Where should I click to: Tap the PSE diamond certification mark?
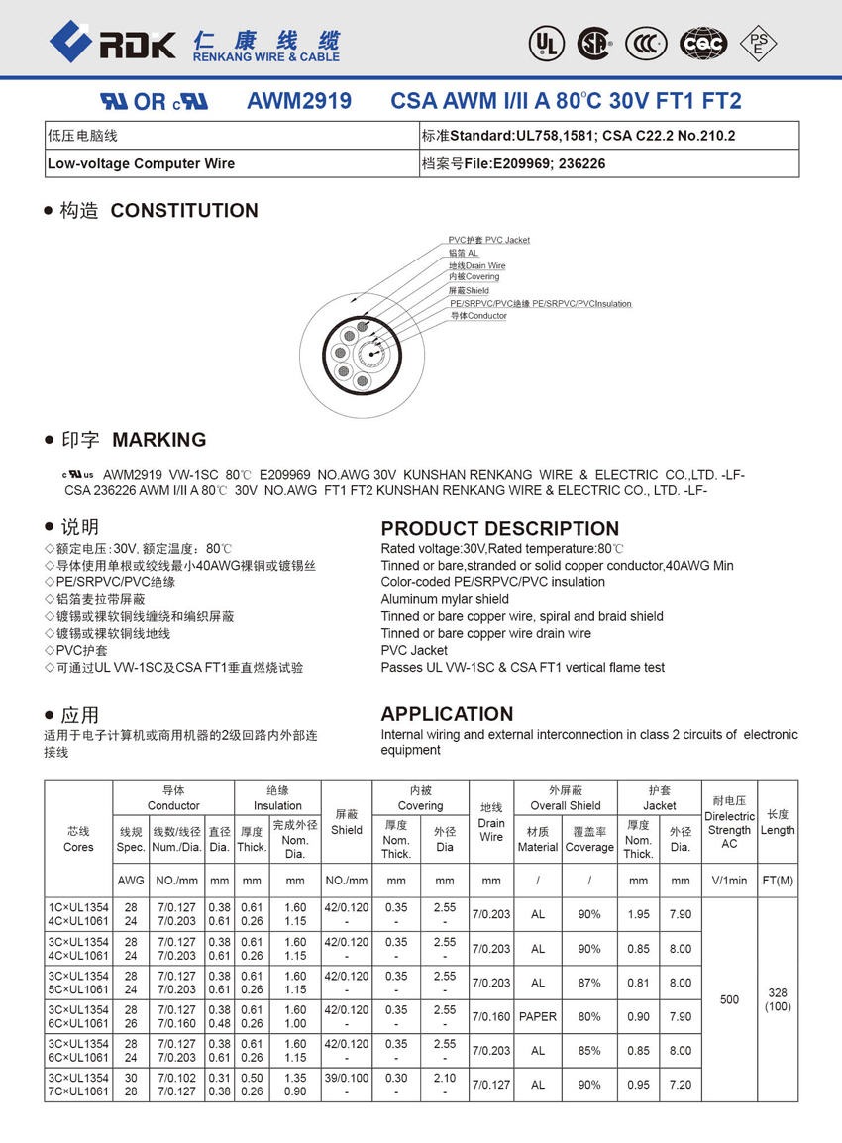[759, 42]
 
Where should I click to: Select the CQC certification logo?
[702, 43]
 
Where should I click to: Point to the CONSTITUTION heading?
[184, 210]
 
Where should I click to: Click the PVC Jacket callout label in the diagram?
[488, 240]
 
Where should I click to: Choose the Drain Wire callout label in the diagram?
[476, 265]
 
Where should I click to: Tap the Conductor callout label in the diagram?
[478, 316]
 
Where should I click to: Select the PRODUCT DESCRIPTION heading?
[499, 528]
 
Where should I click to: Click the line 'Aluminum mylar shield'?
[445, 599]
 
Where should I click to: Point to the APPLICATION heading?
[447, 714]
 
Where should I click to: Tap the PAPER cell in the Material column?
[538, 1016]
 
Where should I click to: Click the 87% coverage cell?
[589, 983]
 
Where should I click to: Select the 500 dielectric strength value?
[729, 999]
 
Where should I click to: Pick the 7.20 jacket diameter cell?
[680, 1085]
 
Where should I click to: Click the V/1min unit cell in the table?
[729, 880]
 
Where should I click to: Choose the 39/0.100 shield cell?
[347, 1078]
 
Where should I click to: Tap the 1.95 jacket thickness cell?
[638, 914]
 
